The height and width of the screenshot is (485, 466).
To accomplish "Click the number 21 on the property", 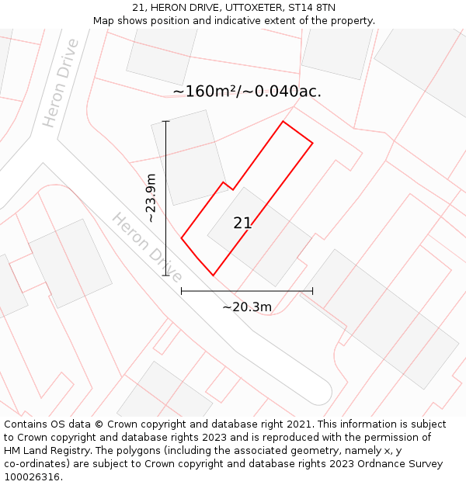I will pos(242,223).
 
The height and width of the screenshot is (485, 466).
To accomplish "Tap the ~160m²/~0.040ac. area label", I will pos(247,92).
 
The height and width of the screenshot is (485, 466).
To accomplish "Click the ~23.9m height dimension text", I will pos(151,198).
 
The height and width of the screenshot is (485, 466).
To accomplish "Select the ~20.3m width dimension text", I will pos(247,307).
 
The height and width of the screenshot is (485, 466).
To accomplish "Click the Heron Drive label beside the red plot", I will pos(147,248).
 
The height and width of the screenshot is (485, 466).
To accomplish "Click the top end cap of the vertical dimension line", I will pos(165,121).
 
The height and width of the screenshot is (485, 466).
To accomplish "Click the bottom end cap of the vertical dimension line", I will pos(165,275).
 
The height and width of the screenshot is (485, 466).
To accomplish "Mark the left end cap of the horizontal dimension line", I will pos(181,291).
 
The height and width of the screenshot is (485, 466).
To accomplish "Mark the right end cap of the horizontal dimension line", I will pos(312,291).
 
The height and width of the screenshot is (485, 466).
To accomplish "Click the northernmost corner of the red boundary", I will pos(283,121).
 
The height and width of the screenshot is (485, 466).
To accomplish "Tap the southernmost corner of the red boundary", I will pos(213,275).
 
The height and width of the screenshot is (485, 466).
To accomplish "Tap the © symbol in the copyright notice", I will pos(99,424).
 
